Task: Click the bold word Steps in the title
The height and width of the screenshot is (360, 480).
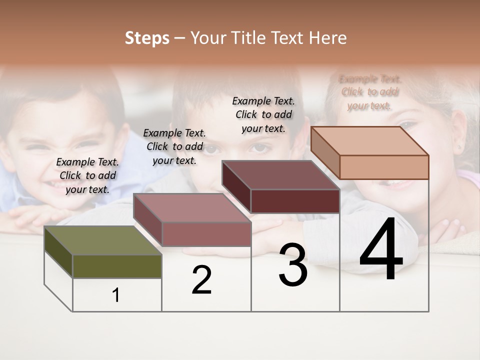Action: click(x=147, y=38)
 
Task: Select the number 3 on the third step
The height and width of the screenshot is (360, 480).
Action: click(x=293, y=265)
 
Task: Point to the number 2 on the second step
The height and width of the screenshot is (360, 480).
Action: click(x=202, y=280)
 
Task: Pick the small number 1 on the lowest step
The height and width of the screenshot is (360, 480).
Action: click(x=116, y=295)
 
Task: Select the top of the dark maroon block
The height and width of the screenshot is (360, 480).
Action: click(x=280, y=175)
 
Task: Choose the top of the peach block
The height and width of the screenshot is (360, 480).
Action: click(x=369, y=141)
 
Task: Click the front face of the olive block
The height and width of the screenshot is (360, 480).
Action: click(x=117, y=266)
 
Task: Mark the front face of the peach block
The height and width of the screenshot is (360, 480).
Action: click(x=384, y=167)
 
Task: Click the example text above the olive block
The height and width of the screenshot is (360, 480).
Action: click(x=87, y=175)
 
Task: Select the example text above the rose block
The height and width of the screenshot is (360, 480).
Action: click(x=174, y=146)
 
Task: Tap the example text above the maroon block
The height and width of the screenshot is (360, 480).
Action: click(x=263, y=114)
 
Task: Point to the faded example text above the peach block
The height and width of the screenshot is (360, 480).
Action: click(x=369, y=92)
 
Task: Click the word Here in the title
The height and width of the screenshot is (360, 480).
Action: click(x=327, y=38)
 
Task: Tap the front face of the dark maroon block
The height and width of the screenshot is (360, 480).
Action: click(x=295, y=201)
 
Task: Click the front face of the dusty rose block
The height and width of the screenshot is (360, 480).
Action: click(x=206, y=234)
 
